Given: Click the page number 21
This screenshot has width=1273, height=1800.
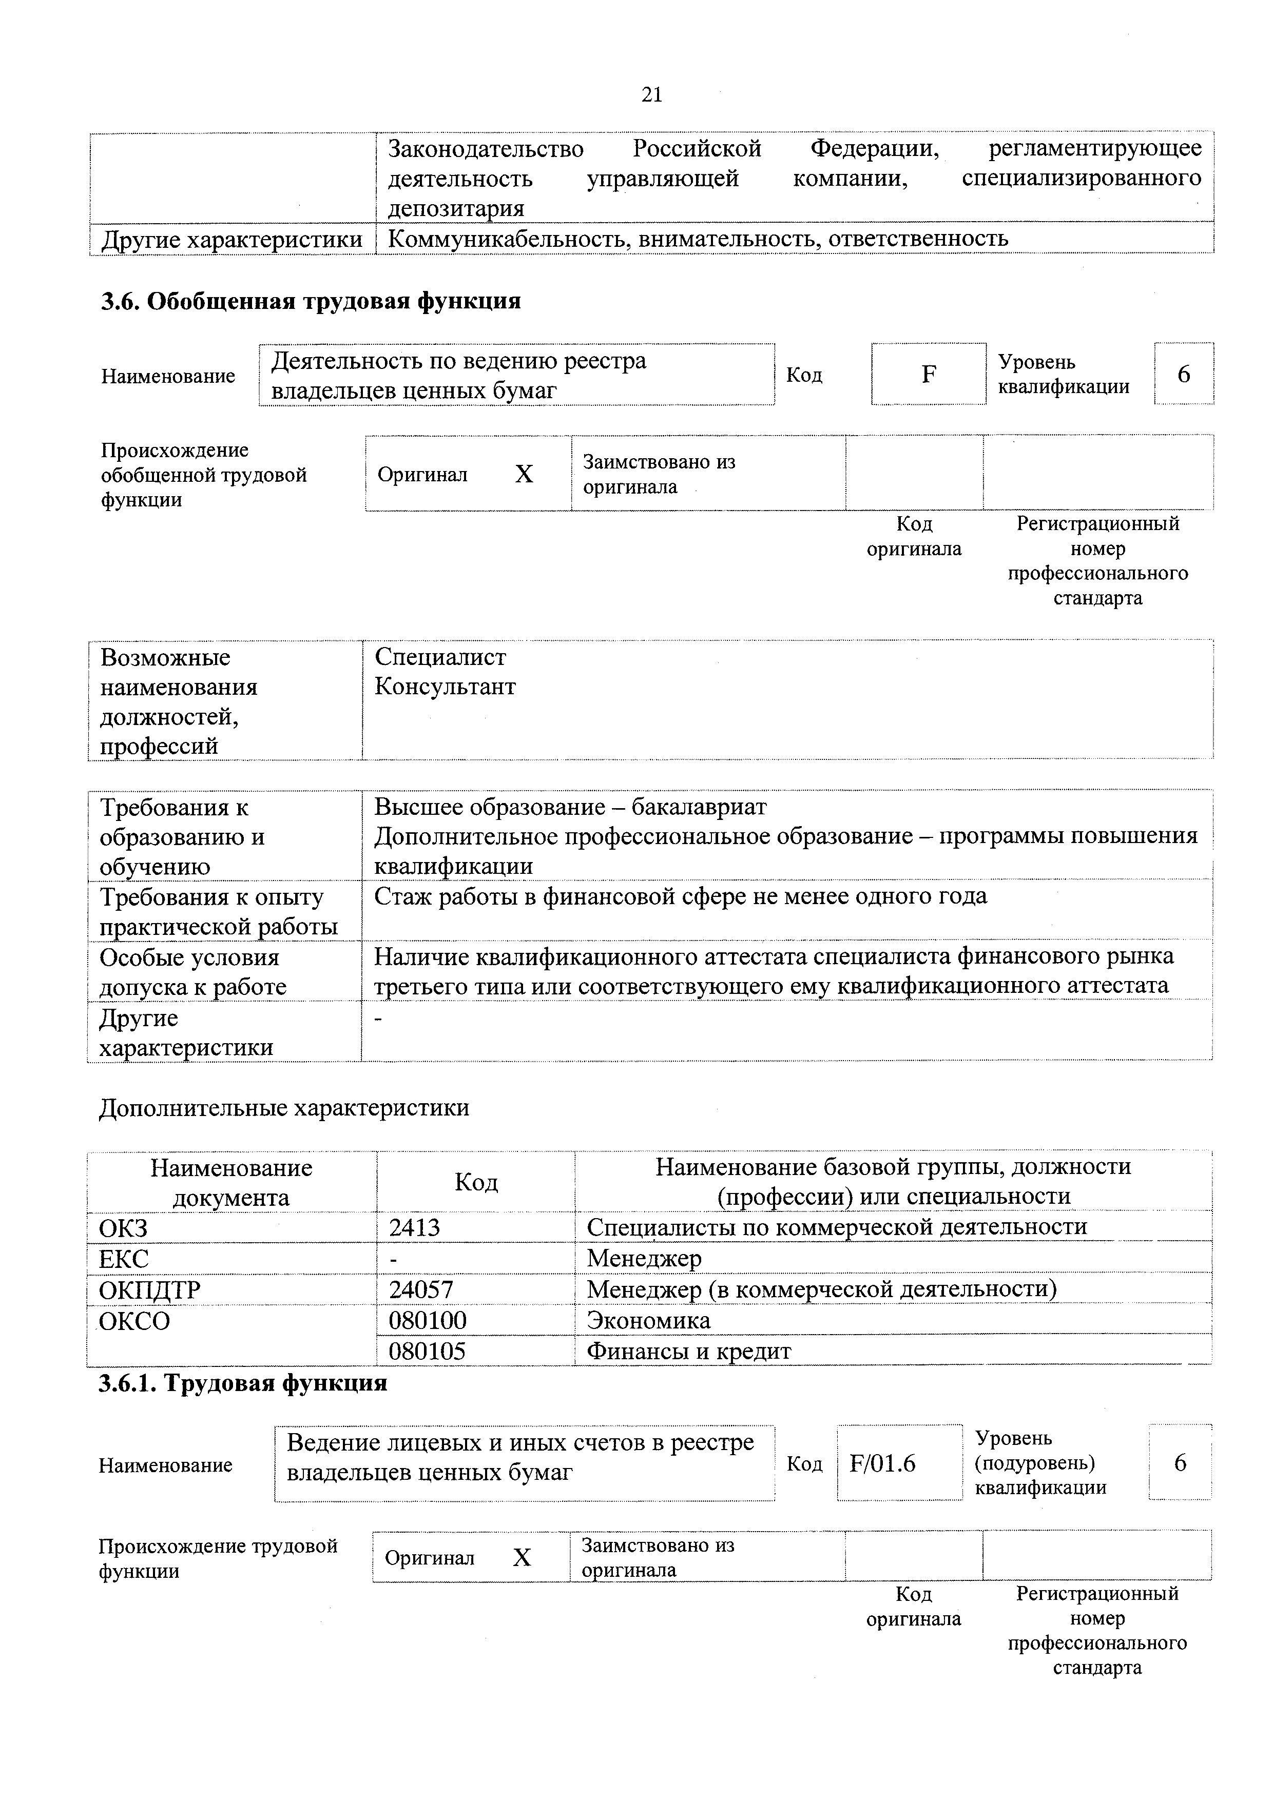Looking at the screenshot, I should (652, 95).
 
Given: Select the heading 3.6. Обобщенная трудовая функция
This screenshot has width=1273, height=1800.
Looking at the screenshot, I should (311, 301).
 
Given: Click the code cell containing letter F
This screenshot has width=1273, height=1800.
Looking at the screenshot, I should (929, 375).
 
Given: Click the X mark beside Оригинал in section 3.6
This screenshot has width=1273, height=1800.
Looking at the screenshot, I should (524, 474).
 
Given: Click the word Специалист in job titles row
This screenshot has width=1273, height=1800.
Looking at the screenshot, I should (440, 657).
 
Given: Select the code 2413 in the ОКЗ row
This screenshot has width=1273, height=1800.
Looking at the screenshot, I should (414, 1227).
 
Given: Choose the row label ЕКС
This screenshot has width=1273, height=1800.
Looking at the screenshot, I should (124, 1258).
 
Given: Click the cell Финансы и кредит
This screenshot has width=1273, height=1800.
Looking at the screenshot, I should (689, 1351).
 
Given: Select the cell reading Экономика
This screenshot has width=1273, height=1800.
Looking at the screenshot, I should (649, 1320).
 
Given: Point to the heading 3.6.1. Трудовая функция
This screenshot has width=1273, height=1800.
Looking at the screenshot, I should (243, 1383).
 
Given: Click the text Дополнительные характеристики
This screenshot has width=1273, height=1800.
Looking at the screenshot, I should (284, 1108).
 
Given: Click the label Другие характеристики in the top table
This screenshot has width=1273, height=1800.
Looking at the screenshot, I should (232, 239).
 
